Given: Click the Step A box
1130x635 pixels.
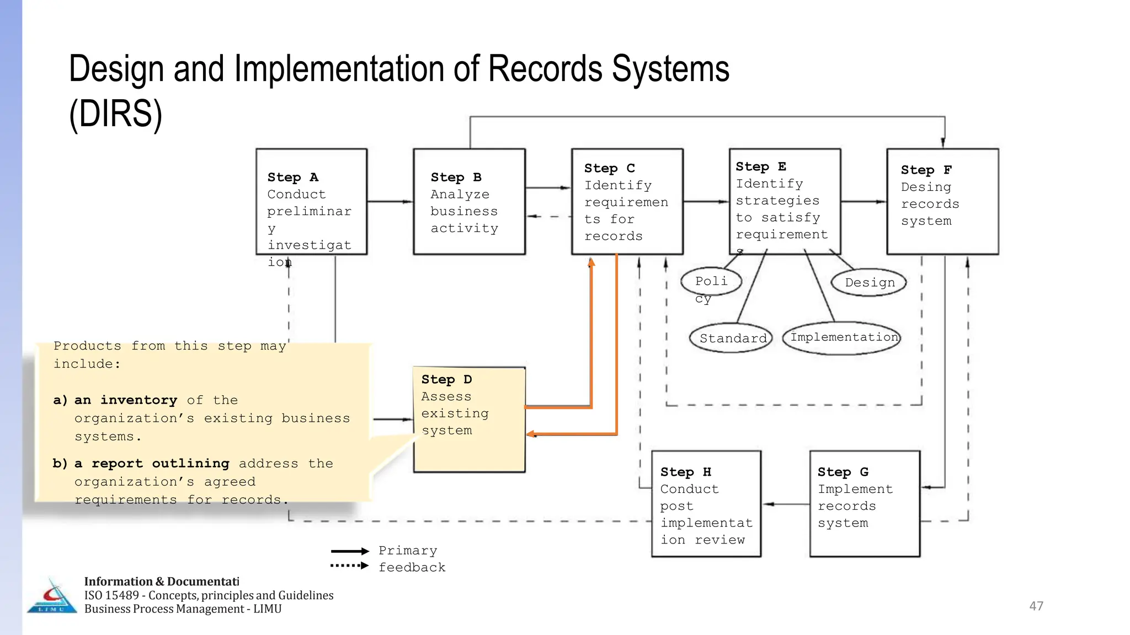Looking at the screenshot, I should [x=311, y=202].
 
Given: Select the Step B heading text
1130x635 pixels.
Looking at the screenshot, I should [x=456, y=177].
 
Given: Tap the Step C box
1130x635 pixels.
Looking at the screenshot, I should [x=627, y=202].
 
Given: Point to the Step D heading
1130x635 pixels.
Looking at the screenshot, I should [x=446, y=380].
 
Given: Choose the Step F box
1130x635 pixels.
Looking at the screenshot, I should [x=942, y=202].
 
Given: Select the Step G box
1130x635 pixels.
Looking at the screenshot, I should [x=864, y=504].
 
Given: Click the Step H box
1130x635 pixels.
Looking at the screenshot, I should [x=706, y=504].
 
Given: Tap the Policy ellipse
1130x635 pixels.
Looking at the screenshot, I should [x=711, y=282].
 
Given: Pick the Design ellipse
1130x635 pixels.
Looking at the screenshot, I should [x=869, y=283].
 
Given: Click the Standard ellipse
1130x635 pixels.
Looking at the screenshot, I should [x=732, y=338].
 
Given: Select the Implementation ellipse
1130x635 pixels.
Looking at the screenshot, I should [x=842, y=337].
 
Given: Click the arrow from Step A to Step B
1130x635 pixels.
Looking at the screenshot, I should [x=390, y=202].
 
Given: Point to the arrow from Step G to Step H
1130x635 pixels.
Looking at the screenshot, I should [x=786, y=504].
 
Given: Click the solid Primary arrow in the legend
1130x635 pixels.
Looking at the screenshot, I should [x=349, y=551].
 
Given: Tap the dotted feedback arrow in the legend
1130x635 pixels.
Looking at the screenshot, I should [x=349, y=566].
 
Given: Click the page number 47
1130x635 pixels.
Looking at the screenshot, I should [x=1036, y=606].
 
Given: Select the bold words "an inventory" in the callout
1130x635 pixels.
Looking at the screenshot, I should [x=126, y=400].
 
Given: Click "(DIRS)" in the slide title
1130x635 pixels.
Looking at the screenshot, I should [x=115, y=114].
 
